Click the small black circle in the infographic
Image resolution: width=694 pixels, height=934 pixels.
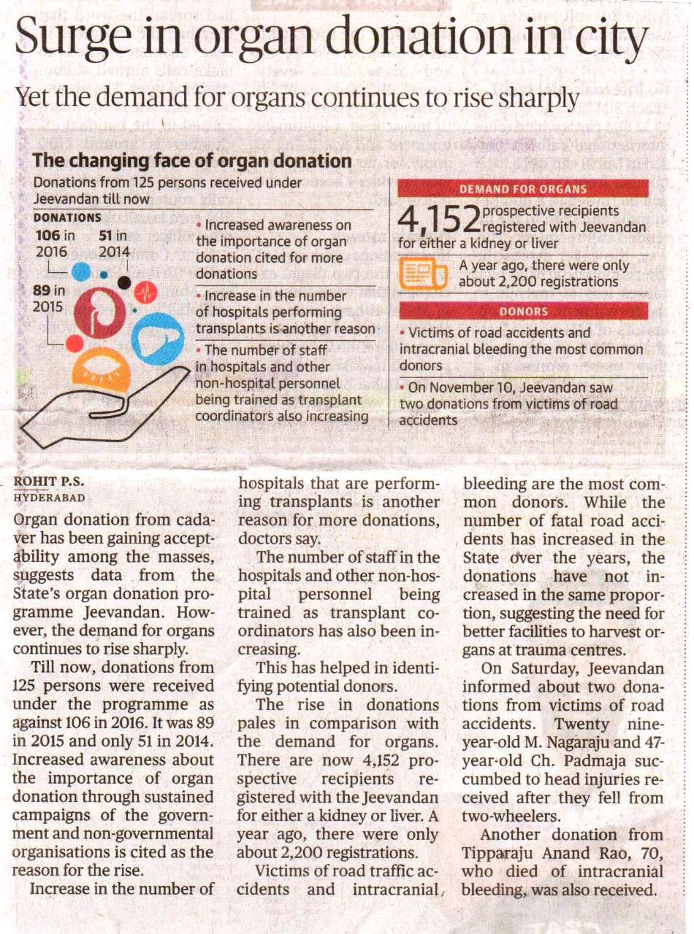124,282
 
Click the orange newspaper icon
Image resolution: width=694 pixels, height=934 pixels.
423,274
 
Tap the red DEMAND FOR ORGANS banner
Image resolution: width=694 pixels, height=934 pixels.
523,189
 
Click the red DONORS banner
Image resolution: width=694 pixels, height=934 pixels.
523,311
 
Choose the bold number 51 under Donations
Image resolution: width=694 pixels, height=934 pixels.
106,236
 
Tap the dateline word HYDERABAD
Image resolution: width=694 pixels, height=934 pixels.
50,498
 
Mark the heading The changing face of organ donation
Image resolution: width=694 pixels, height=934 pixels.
192,161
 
